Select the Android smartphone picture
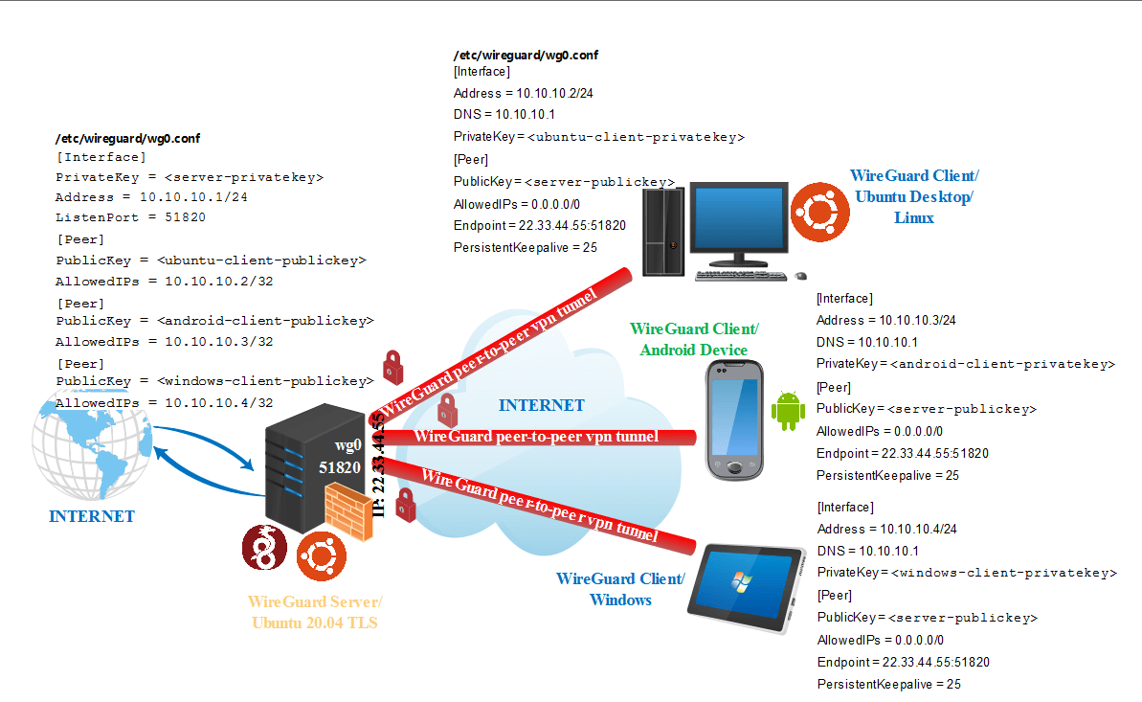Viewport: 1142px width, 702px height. pos(733,419)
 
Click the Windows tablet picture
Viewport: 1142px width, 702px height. pos(748,587)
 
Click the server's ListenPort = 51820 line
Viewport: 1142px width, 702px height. pos(130,217)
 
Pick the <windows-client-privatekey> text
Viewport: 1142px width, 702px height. pos(1003,573)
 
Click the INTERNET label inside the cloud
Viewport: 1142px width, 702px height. pos(541,405)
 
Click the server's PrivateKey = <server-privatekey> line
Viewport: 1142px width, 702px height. pos(190,177)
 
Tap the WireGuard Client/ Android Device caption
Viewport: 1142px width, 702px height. pos(694,339)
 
